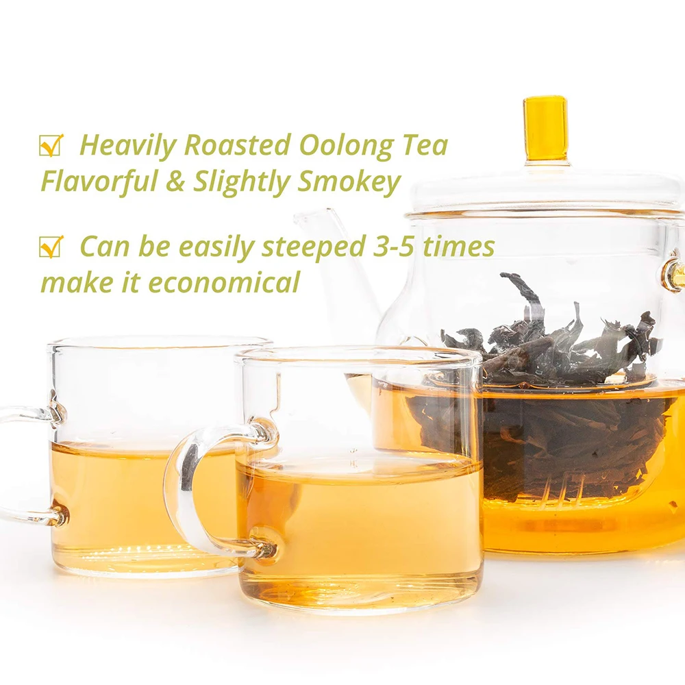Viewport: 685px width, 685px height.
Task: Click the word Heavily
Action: point(127,147)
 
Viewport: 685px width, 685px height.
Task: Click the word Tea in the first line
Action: point(425,146)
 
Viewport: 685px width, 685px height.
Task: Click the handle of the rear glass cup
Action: point(21,466)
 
